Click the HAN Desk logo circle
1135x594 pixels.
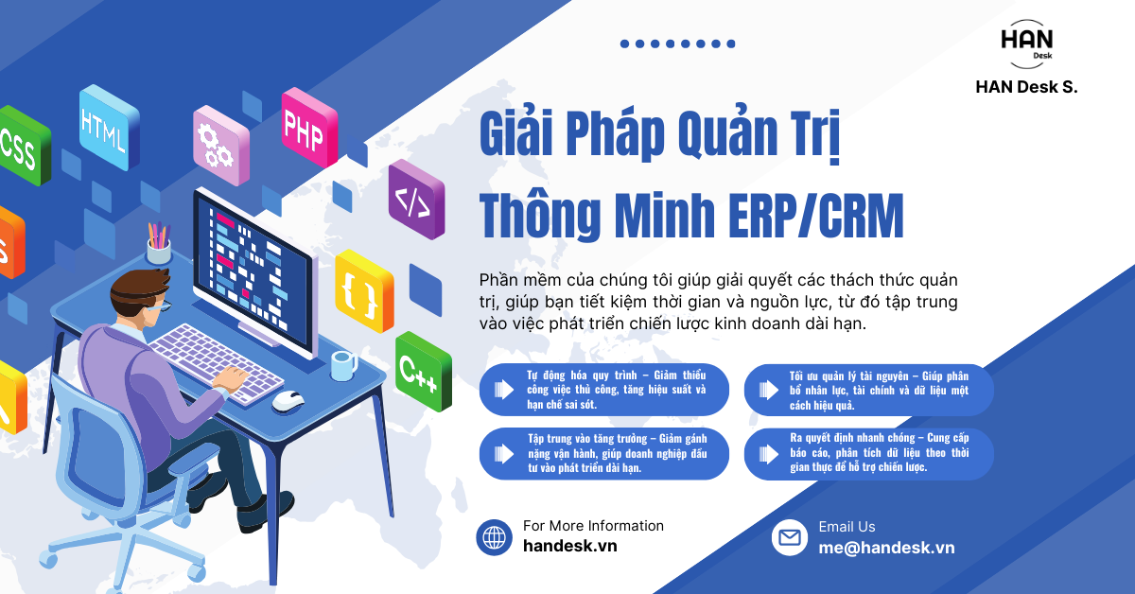(x=1026, y=44)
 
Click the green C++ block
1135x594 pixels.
(x=421, y=372)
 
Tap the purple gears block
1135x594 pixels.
(x=218, y=143)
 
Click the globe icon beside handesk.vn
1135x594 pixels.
(x=494, y=537)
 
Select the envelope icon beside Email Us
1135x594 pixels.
(x=789, y=537)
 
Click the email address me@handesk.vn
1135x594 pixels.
(x=886, y=548)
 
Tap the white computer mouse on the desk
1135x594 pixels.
(x=288, y=401)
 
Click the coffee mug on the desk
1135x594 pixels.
(x=343, y=364)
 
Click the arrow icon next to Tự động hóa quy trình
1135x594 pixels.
(x=498, y=390)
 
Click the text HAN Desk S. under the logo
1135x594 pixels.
(x=1026, y=86)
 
